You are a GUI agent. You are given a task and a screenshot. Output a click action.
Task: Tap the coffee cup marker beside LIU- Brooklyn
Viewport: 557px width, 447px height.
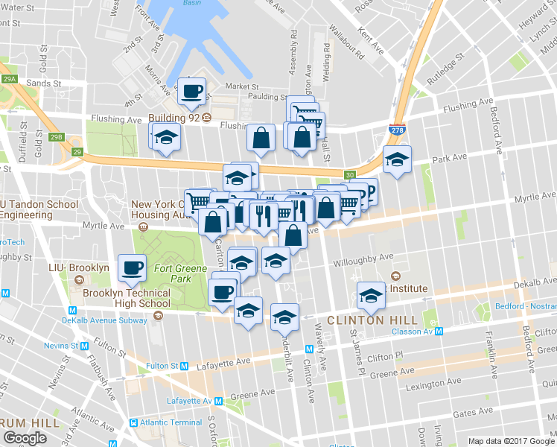point(133,267)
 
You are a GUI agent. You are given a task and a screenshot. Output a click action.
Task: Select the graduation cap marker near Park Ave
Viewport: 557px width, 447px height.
point(397,159)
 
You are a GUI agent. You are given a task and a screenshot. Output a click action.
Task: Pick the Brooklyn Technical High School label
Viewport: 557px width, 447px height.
point(127,298)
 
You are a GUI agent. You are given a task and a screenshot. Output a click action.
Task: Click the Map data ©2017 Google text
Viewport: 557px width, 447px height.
point(510,441)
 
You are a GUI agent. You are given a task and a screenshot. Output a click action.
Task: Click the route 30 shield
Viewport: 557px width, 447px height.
point(349,175)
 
